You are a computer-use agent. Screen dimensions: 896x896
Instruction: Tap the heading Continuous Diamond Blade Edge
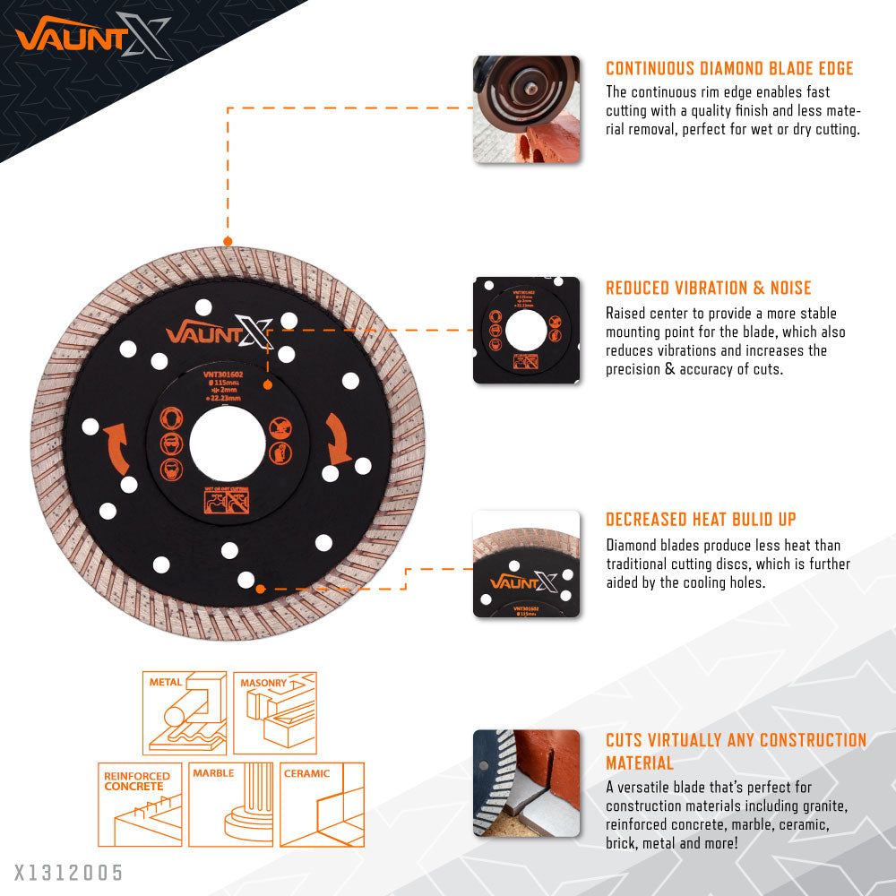click(729, 69)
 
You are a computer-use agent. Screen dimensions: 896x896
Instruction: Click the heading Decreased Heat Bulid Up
click(701, 520)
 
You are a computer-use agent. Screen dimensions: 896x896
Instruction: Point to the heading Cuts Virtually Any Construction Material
click(736, 751)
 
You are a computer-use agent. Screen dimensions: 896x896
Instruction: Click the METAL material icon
click(185, 712)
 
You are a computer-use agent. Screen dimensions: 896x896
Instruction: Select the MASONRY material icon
click(275, 712)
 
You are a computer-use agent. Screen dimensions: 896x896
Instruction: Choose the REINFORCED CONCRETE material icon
click(140, 805)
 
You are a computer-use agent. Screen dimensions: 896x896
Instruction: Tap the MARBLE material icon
click(231, 805)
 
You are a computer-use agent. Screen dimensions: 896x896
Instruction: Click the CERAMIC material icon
click(322, 805)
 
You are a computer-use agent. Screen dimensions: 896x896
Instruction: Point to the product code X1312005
click(68, 872)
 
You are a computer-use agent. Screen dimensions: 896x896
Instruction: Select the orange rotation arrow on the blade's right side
click(337, 439)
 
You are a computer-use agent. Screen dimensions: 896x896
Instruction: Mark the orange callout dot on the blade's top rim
click(228, 241)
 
